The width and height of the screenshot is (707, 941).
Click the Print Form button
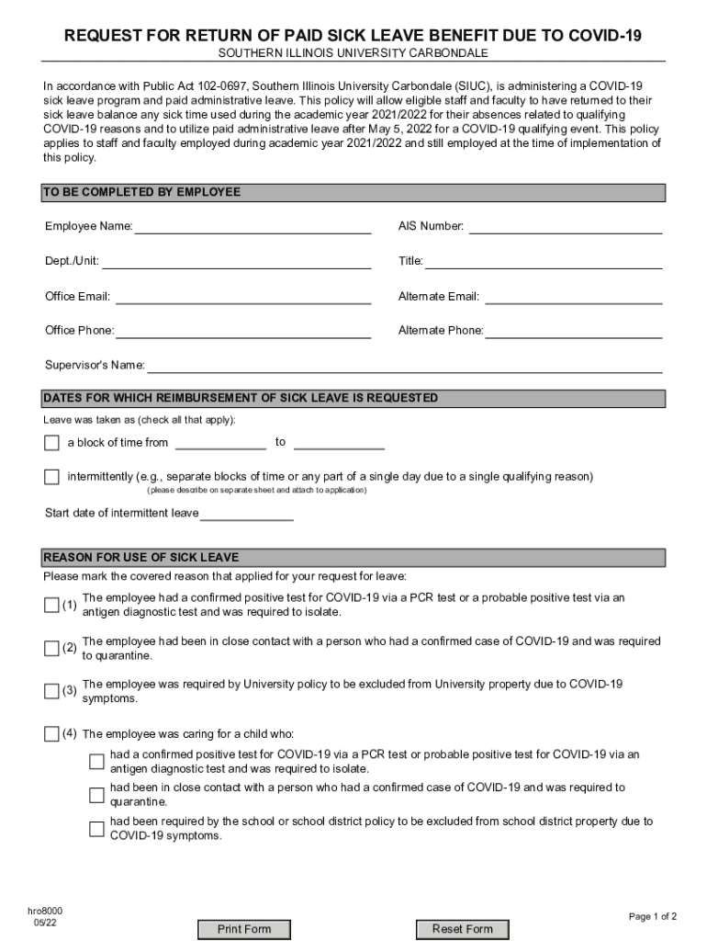[x=244, y=929]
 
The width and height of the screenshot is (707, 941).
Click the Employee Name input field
[x=252, y=226]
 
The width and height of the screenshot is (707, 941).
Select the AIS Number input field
[x=566, y=226]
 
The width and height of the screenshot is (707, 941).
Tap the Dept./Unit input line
[x=236, y=261]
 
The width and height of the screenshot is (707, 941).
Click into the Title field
[x=544, y=261]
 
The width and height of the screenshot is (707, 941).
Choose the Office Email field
[x=242, y=296]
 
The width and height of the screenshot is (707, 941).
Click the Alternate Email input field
[x=573, y=296]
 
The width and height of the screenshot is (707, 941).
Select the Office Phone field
[x=243, y=331]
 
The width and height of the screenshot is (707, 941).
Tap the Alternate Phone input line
[x=574, y=331]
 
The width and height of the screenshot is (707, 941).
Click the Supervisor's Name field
[x=405, y=366]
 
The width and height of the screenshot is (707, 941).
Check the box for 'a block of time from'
[x=51, y=443]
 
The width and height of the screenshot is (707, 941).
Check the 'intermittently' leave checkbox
[x=51, y=477]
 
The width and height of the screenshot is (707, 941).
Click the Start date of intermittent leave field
[x=247, y=513]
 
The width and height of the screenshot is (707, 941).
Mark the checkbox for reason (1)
[x=51, y=605]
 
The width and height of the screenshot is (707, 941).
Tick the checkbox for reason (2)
[x=51, y=649]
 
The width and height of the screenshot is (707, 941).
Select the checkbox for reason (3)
[x=51, y=691]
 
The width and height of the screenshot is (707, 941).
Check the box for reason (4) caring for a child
[x=51, y=733]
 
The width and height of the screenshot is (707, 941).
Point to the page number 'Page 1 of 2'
[x=652, y=916]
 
